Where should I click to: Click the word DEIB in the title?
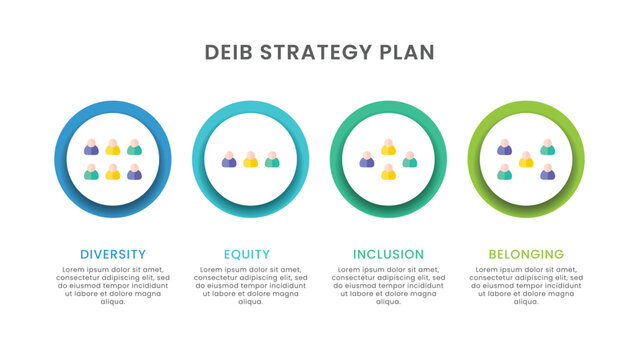point(228,52)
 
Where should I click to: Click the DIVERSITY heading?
point(113,254)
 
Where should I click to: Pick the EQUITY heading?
point(247,254)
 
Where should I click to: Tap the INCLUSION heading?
point(388,254)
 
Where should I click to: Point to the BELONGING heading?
point(526,254)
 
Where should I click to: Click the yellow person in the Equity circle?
point(250,159)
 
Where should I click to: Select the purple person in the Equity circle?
point(229,159)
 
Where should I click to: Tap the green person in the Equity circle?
point(272,159)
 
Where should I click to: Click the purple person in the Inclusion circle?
point(367,159)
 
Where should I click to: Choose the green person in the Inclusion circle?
point(410,159)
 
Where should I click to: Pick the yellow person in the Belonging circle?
point(526,159)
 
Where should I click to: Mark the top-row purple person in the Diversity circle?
point(91,147)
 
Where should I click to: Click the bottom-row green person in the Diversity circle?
point(91,172)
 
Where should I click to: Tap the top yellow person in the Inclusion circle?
point(388,147)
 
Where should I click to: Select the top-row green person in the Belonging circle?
point(548,147)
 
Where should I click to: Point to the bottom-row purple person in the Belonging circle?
point(548,172)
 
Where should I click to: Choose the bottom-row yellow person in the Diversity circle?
point(113,172)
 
